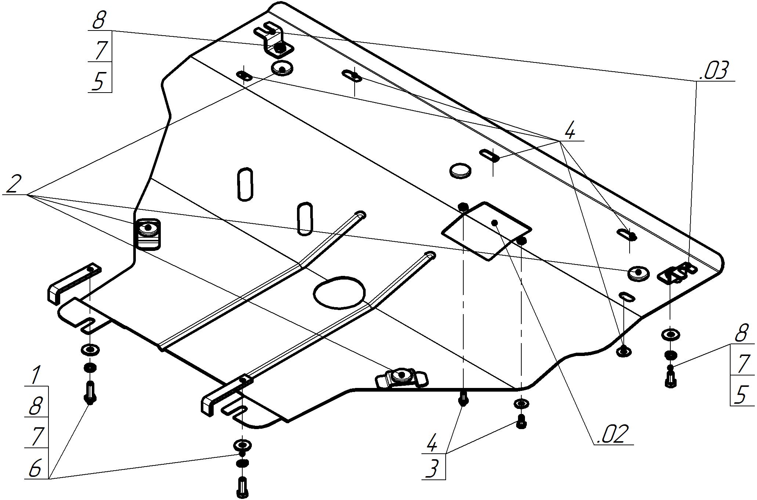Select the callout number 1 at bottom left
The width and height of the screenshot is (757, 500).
pyautogui.click(x=35, y=376)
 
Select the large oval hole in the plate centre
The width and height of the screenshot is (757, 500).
pyautogui.click(x=340, y=292)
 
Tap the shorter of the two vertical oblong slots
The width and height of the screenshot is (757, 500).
pyautogui.click(x=305, y=218)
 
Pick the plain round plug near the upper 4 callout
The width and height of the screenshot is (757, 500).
pyautogui.click(x=460, y=170)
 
